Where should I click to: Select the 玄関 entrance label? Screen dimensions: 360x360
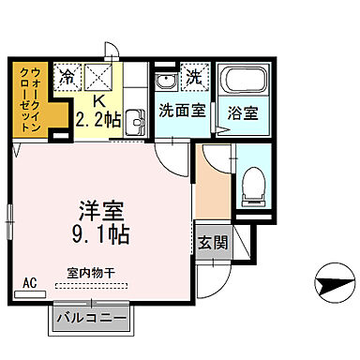point(212,242)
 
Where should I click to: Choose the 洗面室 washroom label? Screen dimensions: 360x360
point(181,109)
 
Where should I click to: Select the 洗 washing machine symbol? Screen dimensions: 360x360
point(195,78)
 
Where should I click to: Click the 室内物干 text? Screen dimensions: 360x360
point(91,272)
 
